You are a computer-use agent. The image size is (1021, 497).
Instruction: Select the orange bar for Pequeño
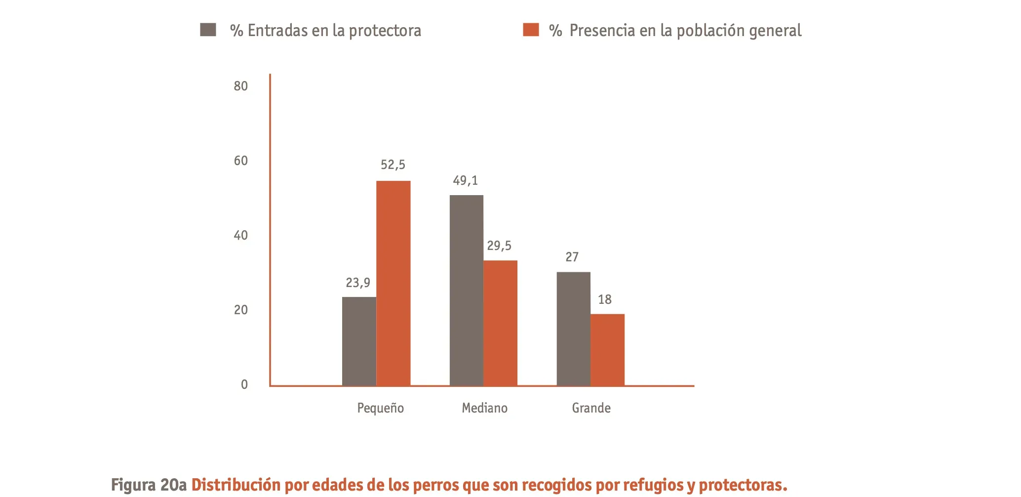393,283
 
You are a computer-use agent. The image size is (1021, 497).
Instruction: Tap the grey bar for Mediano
466,290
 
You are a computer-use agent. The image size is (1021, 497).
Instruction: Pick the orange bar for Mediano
500,323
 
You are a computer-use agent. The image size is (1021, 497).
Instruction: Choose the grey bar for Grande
573,329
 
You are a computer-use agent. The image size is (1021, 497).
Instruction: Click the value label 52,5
393,165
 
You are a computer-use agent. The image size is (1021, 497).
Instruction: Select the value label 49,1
465,180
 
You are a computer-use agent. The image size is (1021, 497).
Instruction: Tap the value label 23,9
357,283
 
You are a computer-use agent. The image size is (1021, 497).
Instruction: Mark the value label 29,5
499,246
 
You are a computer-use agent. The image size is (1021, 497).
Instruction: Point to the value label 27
572,257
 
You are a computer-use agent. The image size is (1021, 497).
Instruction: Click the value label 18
604,299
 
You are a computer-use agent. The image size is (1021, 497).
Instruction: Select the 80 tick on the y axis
240,86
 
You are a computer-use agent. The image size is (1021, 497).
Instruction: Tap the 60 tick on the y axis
240,161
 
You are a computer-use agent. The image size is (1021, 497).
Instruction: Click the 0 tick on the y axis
244,384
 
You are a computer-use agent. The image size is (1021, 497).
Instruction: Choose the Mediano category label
484,408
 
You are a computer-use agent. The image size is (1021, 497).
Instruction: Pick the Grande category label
591,408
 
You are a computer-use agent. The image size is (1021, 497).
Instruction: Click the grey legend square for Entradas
208,30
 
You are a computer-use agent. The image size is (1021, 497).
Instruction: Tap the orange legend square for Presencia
531,30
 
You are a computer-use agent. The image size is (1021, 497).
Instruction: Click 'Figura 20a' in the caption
149,485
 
